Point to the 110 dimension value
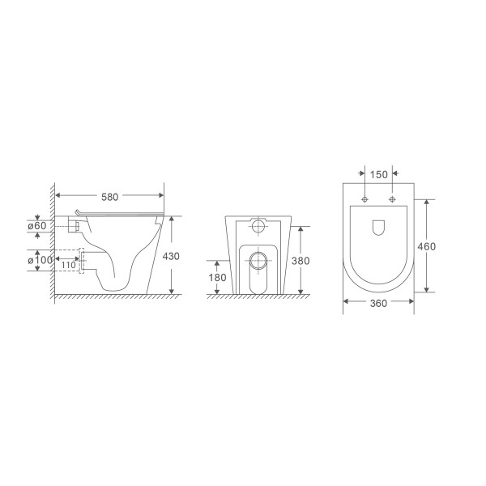(68, 265)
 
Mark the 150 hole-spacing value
(378, 174)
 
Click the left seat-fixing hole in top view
(365, 198)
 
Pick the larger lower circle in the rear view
(259, 261)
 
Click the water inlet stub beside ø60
(75, 226)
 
